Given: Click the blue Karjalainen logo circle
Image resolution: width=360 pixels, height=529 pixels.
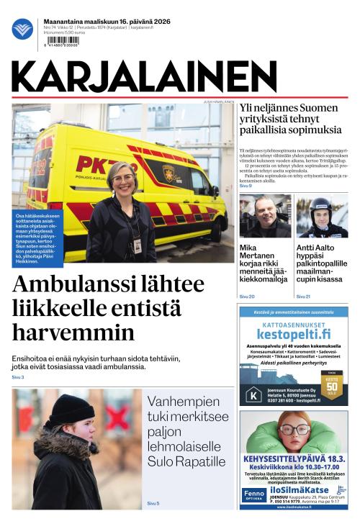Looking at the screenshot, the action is (x=22, y=29).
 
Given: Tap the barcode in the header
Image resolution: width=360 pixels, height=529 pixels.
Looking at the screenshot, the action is (x=63, y=42).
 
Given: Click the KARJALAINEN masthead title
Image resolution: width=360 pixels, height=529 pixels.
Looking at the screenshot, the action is (x=144, y=76).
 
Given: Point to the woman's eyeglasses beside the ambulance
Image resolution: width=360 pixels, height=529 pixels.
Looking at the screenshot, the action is (x=122, y=178).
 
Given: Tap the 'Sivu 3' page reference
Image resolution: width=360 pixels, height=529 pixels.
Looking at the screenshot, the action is (x=18, y=377).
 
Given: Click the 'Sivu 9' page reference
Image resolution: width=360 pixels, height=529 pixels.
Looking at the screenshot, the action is (x=246, y=186).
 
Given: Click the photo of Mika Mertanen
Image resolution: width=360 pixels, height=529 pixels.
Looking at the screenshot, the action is (x=265, y=216).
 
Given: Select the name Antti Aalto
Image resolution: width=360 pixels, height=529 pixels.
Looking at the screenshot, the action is (x=316, y=248).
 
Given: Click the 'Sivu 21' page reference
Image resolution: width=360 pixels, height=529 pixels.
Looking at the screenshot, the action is (x=303, y=297).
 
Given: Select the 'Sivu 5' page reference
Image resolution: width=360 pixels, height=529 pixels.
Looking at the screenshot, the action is (x=153, y=503).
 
